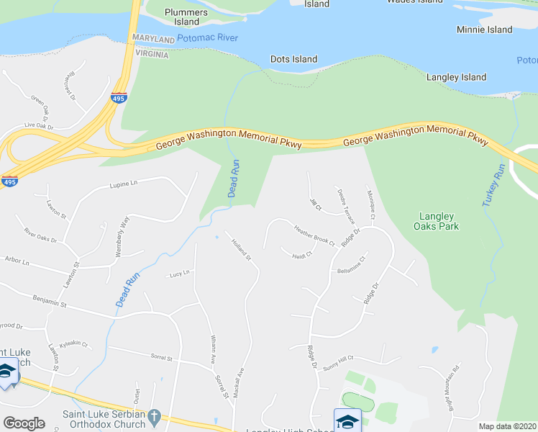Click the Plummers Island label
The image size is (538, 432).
tap(186, 17)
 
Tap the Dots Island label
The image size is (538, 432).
tap(293, 59)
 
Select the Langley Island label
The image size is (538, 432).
tap(456, 77)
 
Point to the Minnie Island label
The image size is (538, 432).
tap(484, 30)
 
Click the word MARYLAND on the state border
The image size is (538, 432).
tap(153, 38)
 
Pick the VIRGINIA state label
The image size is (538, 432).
tap(150, 55)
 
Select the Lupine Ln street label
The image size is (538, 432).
tap(124, 185)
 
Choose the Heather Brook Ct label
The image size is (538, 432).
tap(314, 235)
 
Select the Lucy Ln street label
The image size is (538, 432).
tap(179, 274)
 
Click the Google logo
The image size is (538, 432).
tap(24, 423)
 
